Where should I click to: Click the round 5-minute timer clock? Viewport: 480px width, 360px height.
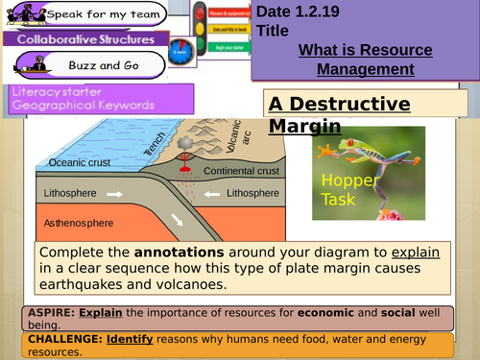(x=180, y=48)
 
